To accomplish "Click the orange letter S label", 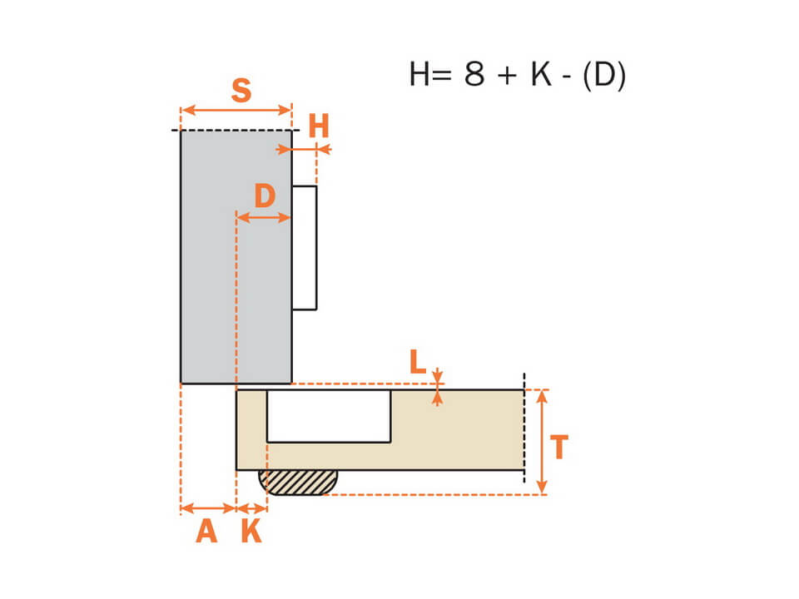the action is click(x=241, y=91).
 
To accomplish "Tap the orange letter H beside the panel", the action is click(x=319, y=126).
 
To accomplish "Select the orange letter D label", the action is click(x=265, y=196).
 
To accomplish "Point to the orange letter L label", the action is click(x=418, y=362).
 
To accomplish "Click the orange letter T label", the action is click(x=559, y=448).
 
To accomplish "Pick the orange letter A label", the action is click(x=207, y=532).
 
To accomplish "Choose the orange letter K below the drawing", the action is click(x=251, y=532).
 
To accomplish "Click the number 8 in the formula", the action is click(x=474, y=74).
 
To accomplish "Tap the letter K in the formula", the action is click(x=541, y=74).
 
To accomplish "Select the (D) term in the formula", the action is click(x=604, y=76).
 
